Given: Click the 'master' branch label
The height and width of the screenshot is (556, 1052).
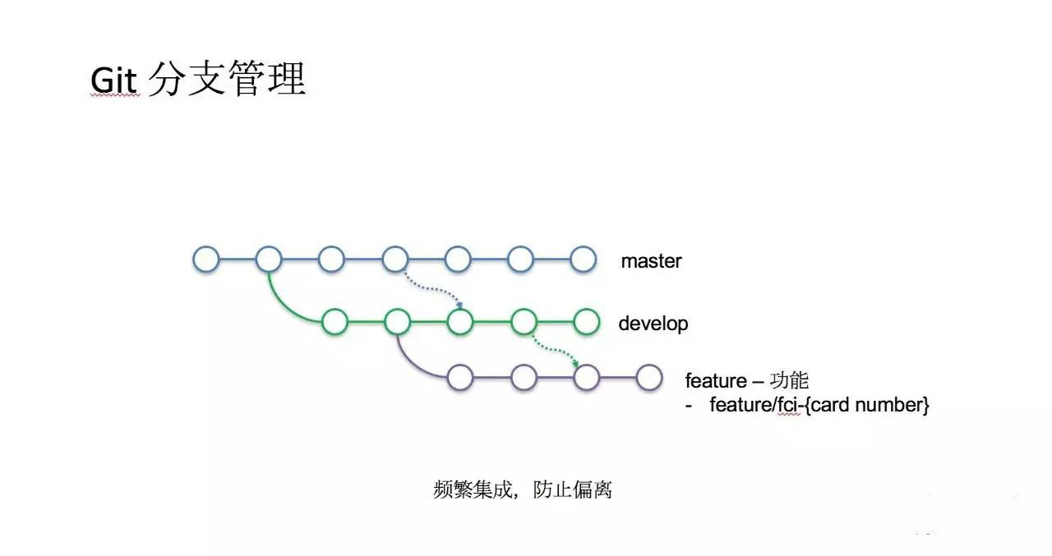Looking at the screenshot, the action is pos(651,261).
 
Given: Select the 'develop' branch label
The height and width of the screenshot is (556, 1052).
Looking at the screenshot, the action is pos(653,324).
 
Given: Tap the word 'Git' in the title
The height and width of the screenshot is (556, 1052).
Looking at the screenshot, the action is pos(114,80).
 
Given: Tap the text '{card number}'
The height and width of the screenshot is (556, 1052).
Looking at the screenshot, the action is pos(866,405).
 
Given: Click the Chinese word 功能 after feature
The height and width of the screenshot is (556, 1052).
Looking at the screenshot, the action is pos(789,380).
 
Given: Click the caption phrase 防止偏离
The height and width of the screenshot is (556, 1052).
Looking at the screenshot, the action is pos(573,489).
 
